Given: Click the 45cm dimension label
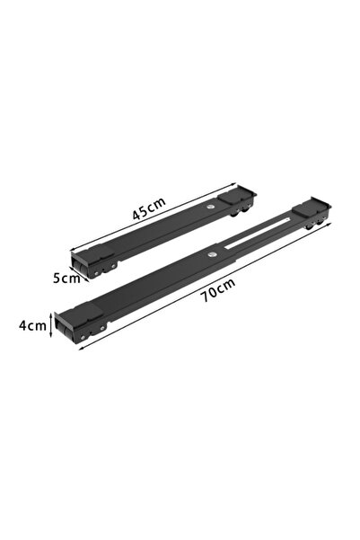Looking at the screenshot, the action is (149, 208).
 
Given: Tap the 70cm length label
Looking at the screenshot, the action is (219, 290).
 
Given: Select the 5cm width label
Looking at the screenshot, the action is (66, 278).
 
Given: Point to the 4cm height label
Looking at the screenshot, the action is (32, 325).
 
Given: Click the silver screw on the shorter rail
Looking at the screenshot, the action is (209, 207).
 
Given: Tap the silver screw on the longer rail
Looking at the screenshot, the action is (211, 255).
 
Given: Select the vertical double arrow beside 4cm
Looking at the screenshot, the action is (51, 324).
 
